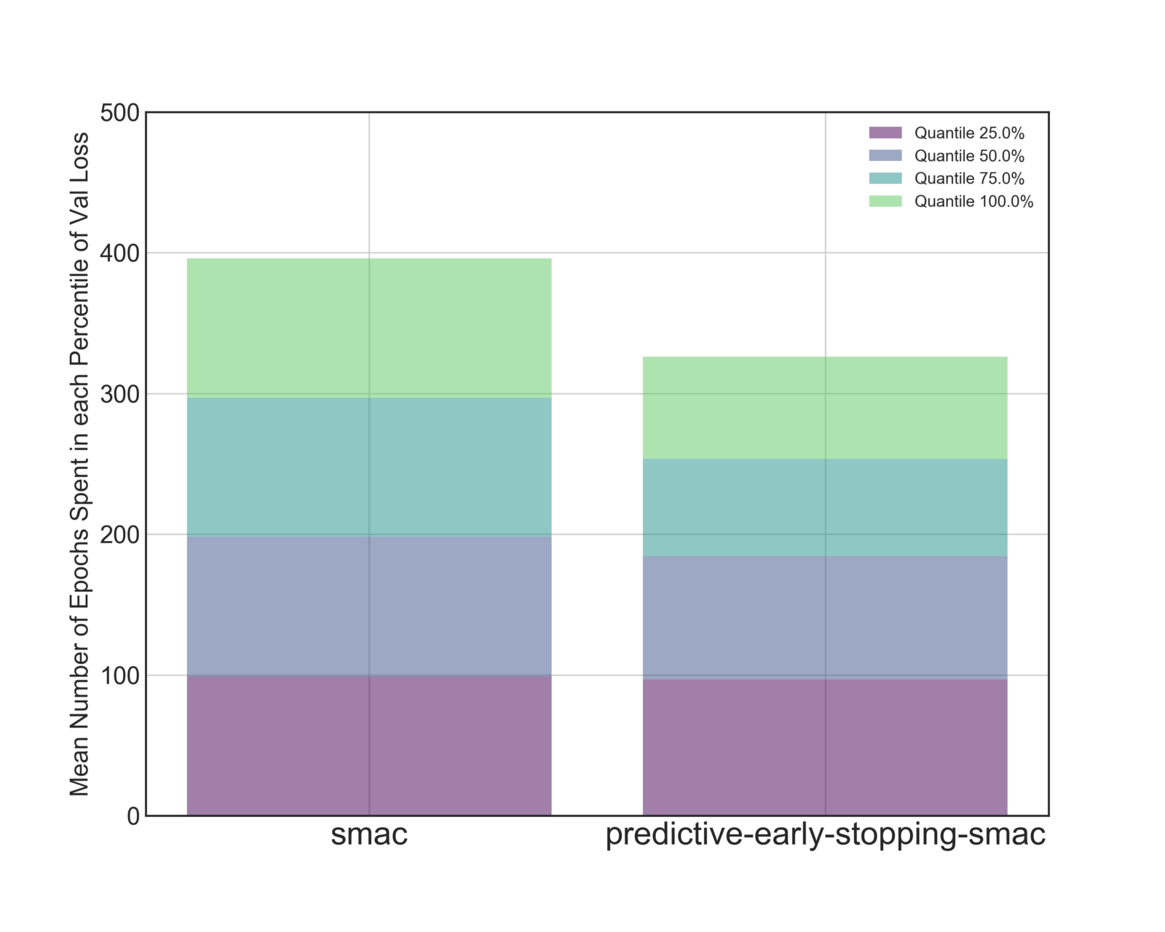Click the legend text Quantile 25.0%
[x=969, y=133]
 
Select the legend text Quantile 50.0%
[x=969, y=156]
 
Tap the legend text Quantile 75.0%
[x=969, y=178]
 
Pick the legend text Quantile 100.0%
[x=974, y=202]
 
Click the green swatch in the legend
[x=885, y=201]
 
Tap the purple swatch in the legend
[x=885, y=133]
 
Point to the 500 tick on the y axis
[x=120, y=113]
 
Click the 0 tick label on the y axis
[x=133, y=816]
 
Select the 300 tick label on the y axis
[x=120, y=394]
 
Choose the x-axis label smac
[x=369, y=834]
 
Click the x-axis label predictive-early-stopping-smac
[x=826, y=834]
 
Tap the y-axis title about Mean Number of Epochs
[x=79, y=464]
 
